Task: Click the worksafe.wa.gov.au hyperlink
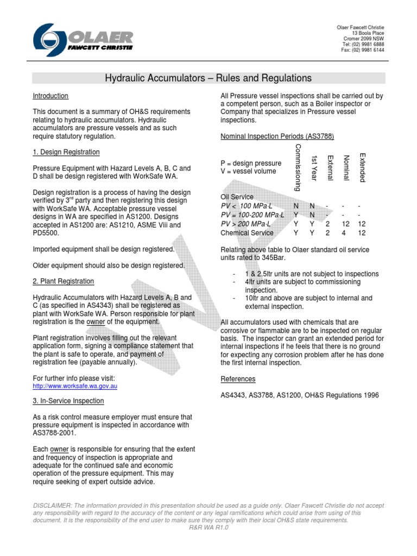[75, 386]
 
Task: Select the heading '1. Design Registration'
[66, 152]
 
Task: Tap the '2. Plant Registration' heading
[64, 281]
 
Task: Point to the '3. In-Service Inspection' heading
[68, 401]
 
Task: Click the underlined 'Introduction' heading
[50, 96]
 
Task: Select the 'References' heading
[238, 378]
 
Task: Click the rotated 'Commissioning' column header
[297, 168]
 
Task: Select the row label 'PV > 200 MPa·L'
[245, 224]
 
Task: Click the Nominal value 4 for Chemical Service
[343, 233]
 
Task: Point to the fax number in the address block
[362, 50]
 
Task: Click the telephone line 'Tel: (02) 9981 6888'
[363, 45]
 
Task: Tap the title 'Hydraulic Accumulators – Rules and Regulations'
[208, 79]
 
